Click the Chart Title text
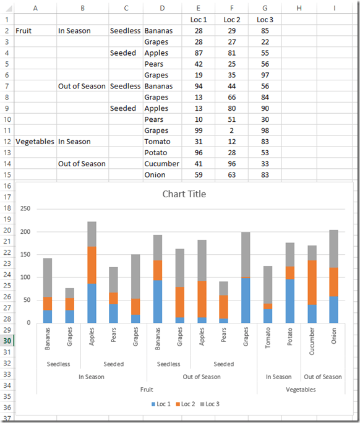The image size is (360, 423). pos(184,194)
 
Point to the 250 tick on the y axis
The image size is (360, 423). pos(25,209)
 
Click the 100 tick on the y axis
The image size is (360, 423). pos(25,277)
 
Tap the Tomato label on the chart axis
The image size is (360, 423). pos(268,338)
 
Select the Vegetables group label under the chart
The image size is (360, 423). pos(301,390)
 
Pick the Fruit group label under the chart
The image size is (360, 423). pos(147,390)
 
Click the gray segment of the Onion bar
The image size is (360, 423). pos(334,249)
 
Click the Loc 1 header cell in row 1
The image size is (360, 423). pos(199,20)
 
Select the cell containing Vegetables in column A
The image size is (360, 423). pos(35,142)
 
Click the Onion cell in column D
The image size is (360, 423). pos(162,175)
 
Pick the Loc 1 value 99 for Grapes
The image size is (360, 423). pos(199,130)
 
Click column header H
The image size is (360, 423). pos(299,8)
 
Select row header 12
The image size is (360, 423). pos(6,142)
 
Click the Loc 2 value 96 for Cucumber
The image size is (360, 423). pos(232,164)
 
